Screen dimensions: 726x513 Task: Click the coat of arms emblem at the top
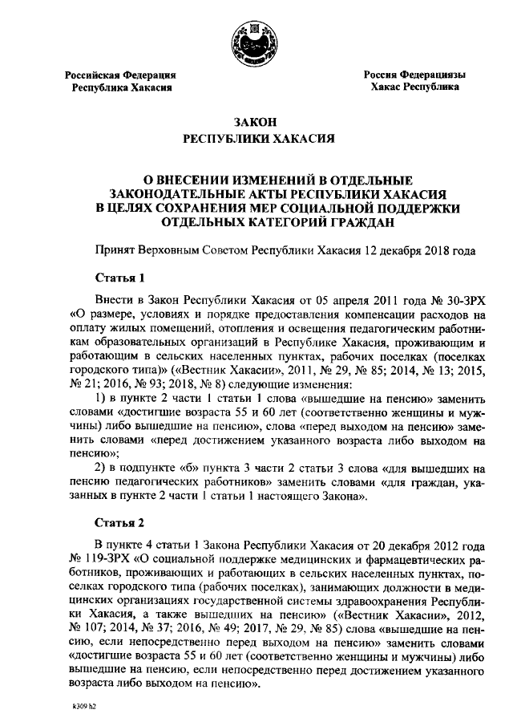(255, 41)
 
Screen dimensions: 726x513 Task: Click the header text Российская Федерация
(120, 75)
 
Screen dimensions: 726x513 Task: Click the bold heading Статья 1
(119, 278)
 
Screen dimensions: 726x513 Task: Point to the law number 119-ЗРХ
(107, 556)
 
